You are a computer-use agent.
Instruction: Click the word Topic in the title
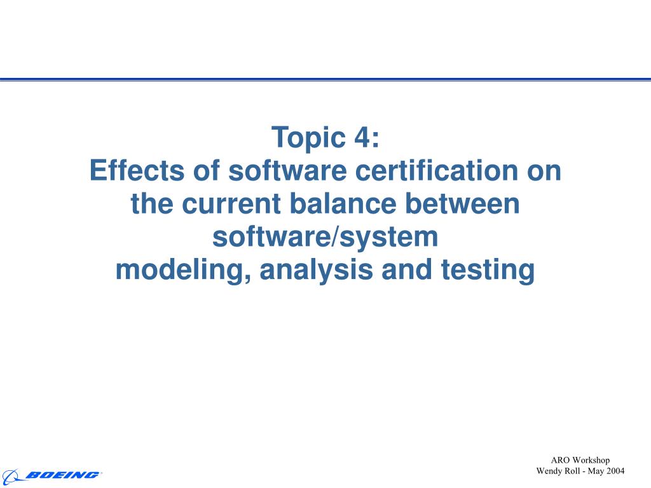308,138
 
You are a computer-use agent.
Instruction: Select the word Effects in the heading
137,170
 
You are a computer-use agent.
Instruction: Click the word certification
437,170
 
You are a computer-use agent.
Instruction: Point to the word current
231,203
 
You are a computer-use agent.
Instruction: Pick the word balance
343,203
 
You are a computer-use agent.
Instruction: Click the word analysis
317,270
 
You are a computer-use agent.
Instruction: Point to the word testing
488,270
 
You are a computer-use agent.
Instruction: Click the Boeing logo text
63,475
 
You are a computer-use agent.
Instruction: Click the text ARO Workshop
580,460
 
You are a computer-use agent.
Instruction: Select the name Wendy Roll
558,471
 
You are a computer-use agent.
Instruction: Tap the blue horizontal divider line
325,79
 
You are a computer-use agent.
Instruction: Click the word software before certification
287,170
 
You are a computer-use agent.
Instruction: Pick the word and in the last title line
407,269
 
